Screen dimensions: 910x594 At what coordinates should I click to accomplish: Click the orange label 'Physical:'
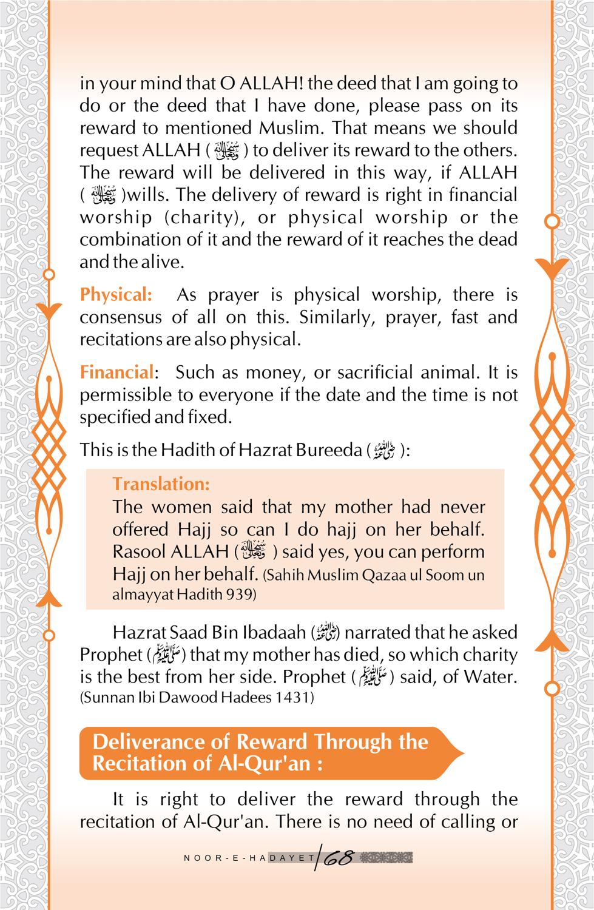(116, 295)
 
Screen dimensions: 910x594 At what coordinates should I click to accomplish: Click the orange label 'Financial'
(116, 372)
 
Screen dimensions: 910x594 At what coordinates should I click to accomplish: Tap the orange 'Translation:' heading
(161, 484)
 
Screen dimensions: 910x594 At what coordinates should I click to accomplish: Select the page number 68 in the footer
(339, 858)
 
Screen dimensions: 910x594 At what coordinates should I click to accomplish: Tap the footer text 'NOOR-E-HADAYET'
(249, 858)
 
